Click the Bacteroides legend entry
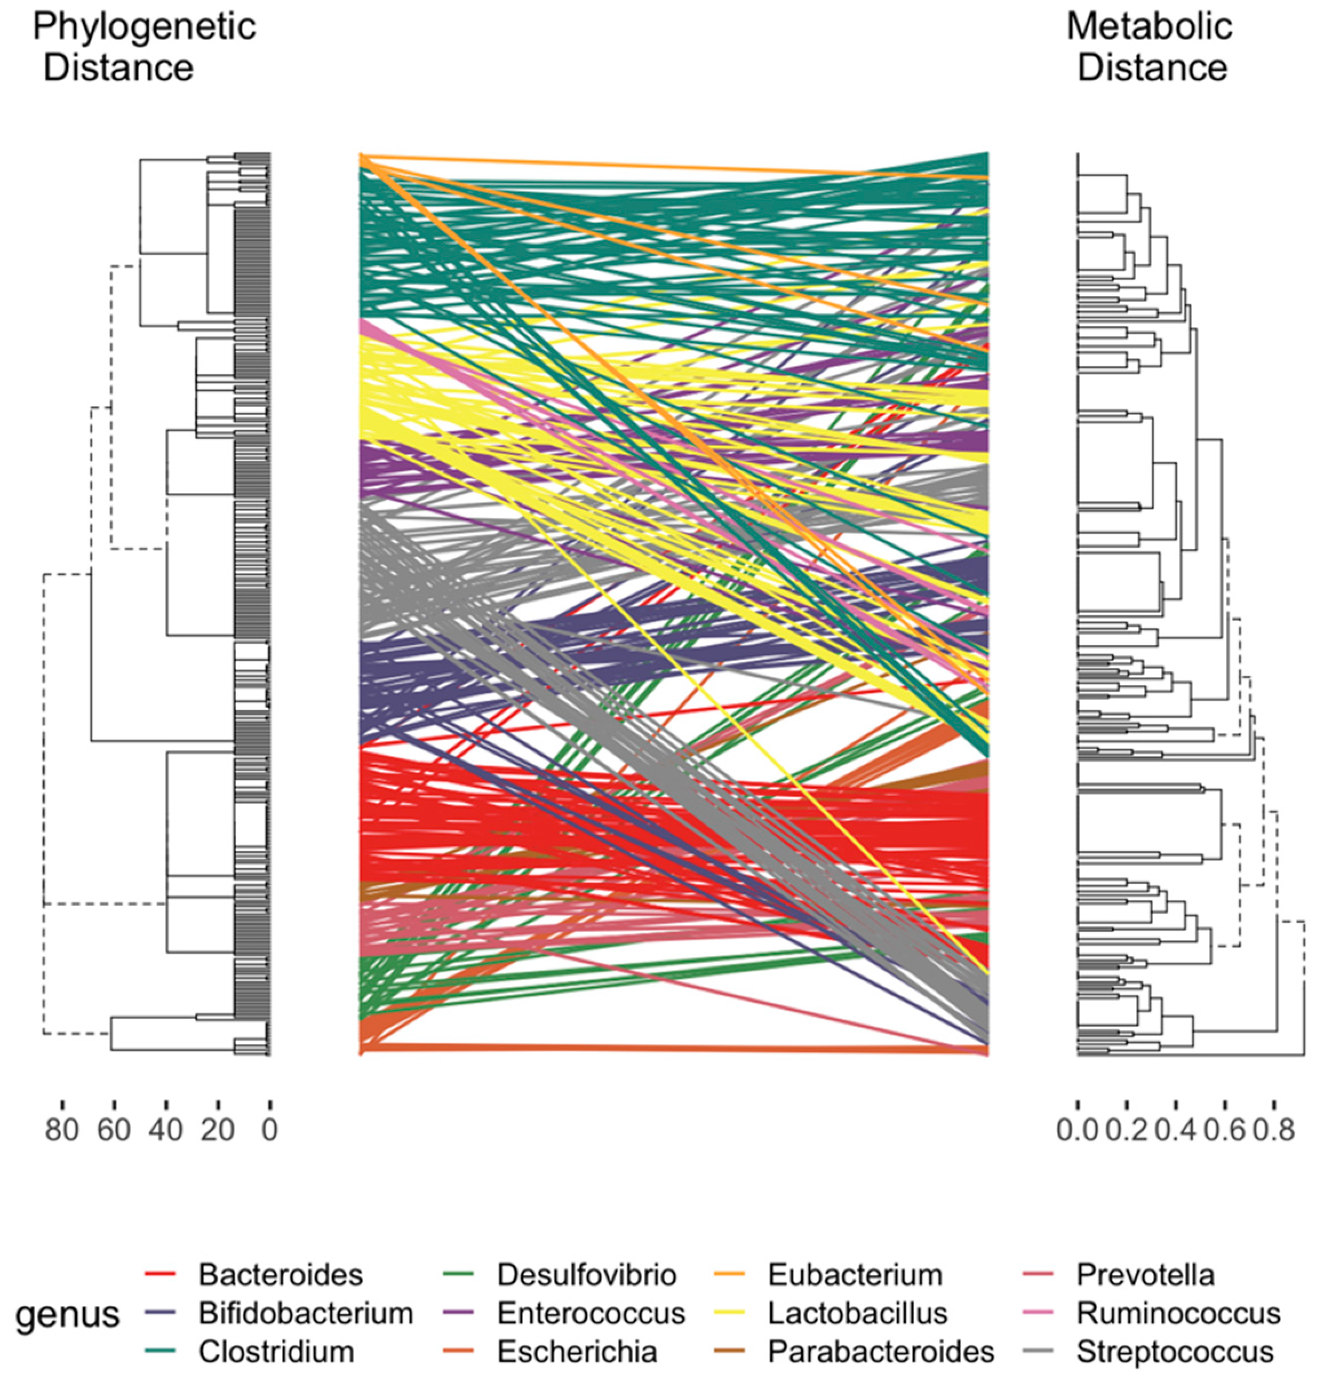click(x=280, y=1275)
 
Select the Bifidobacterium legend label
click(x=305, y=1313)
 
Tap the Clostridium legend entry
click(x=276, y=1351)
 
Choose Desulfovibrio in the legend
click(x=586, y=1275)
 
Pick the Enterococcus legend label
click(x=591, y=1313)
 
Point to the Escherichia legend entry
click(x=577, y=1351)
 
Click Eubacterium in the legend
click(x=855, y=1275)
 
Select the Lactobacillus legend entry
click(x=858, y=1313)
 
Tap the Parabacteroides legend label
click(x=881, y=1351)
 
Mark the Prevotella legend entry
click(x=1145, y=1275)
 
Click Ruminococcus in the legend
click(x=1178, y=1313)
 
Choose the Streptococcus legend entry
click(x=1175, y=1351)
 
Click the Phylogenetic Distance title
click(x=144, y=47)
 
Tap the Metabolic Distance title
click(x=1150, y=47)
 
